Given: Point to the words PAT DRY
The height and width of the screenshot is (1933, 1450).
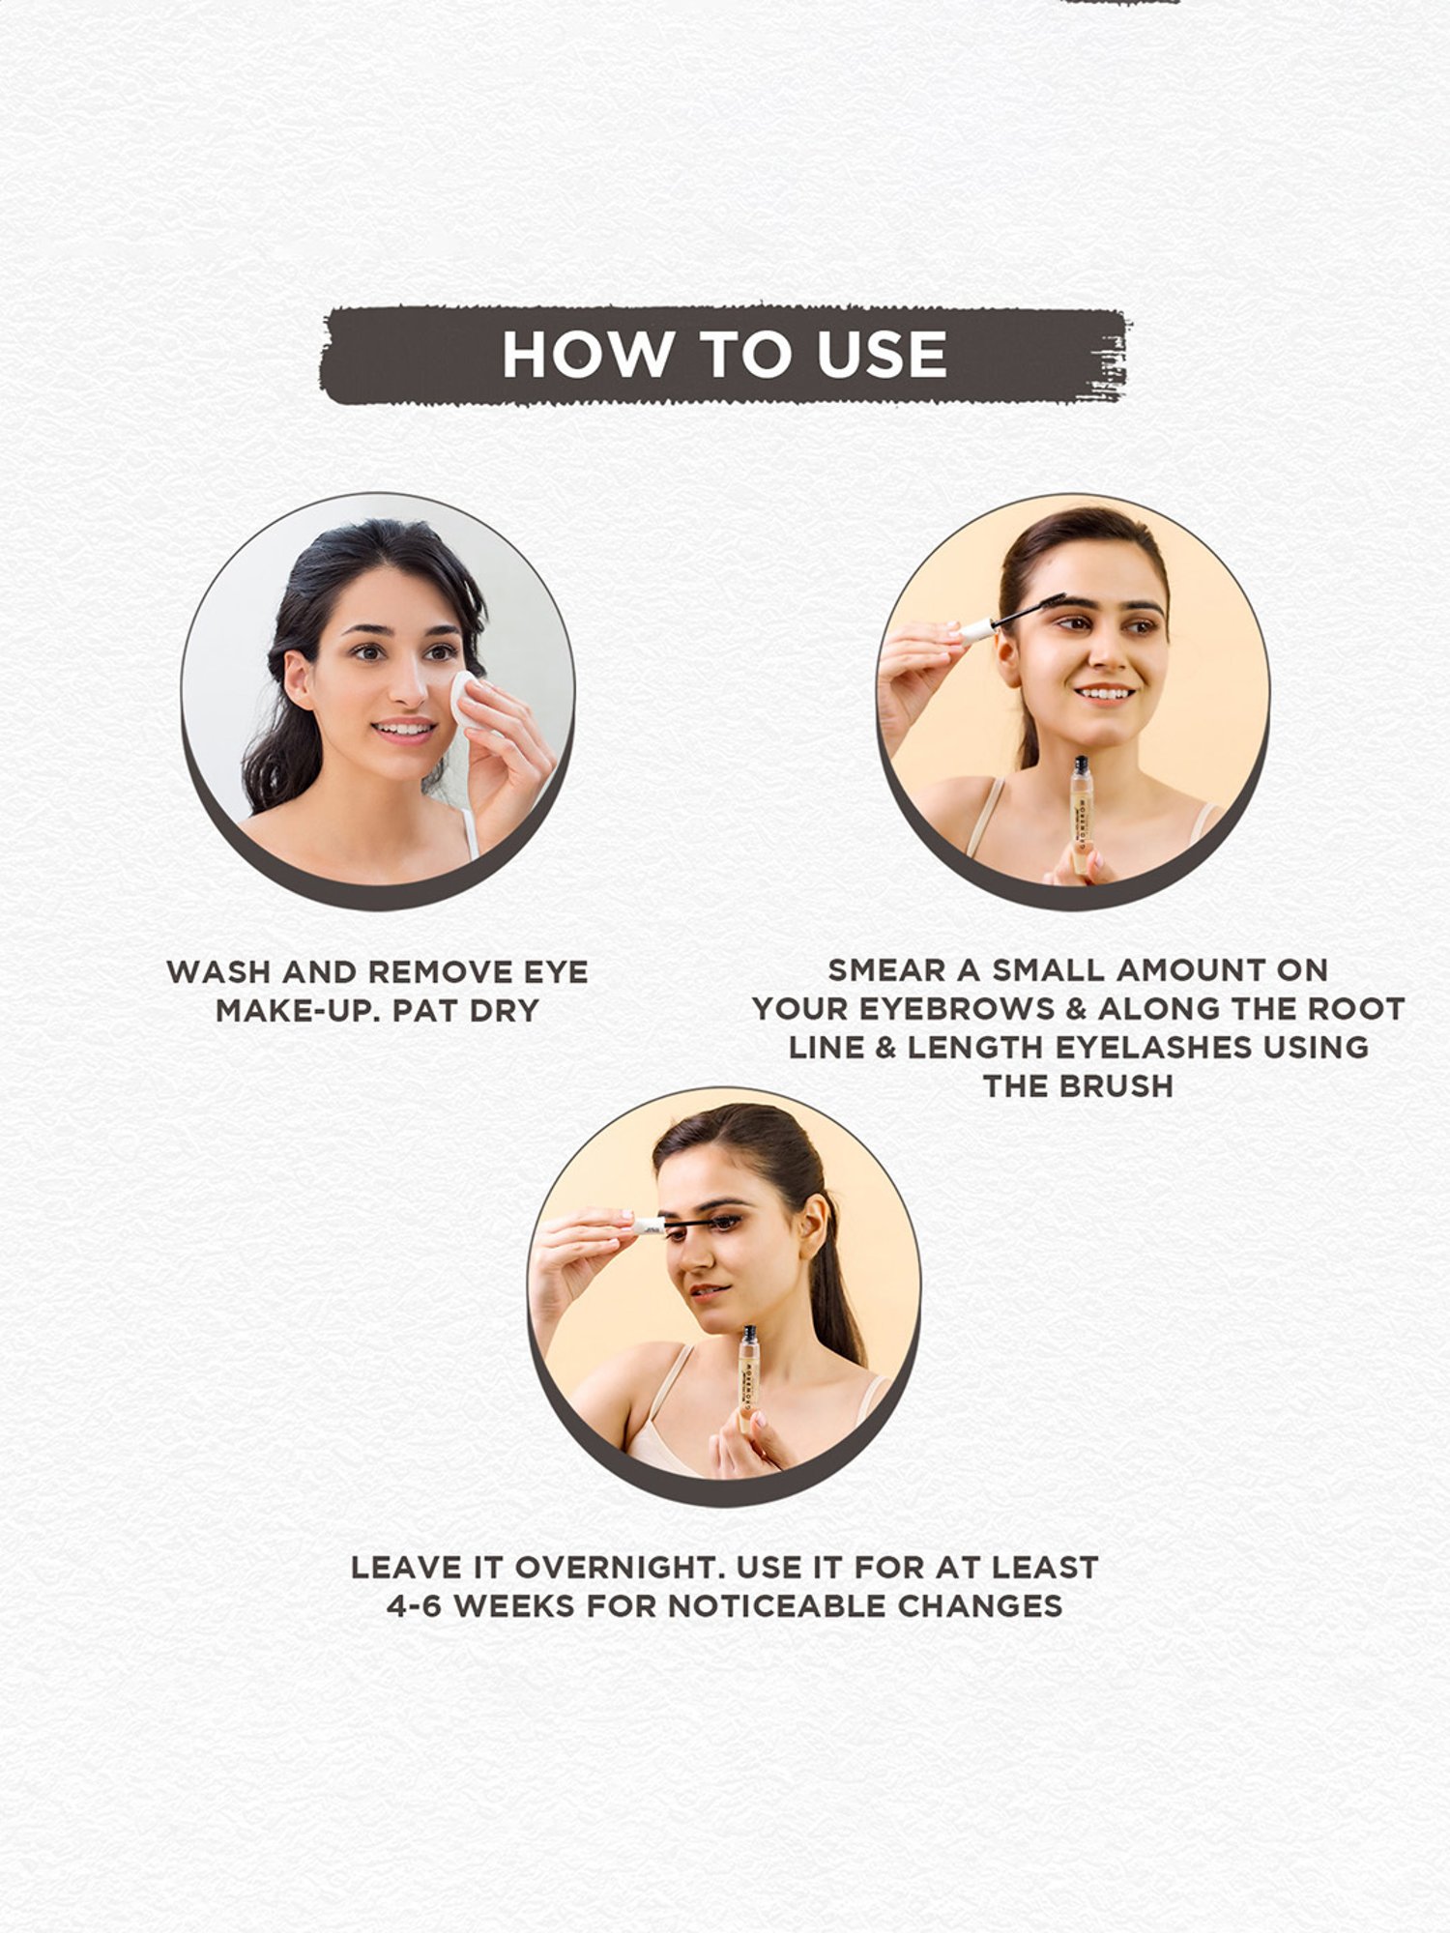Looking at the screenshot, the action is pos(466,1010).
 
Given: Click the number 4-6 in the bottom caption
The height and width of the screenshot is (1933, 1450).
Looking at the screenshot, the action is pos(414,1605).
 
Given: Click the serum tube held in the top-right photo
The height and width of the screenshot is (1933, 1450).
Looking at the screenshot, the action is pos(1082,815).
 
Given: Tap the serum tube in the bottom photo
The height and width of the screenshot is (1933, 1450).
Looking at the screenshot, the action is pos(749,1377).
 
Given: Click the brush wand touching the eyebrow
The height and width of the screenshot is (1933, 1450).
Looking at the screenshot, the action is pos(1011,616).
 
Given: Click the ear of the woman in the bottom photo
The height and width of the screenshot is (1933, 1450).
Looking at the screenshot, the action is pos(813,1225).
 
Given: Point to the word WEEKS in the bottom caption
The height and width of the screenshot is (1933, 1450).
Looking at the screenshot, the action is pos(515,1605).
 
